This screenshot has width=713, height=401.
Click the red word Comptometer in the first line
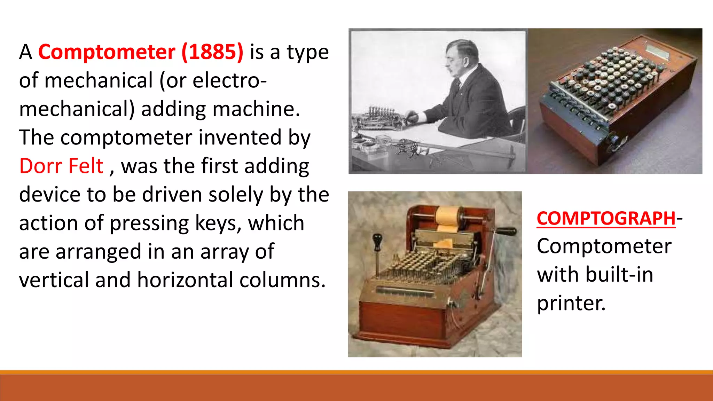tap(107, 52)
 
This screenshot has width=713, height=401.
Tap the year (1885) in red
tap(212, 52)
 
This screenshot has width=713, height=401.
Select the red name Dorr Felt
tap(61, 166)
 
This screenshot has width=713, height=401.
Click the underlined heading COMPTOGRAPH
tap(606, 219)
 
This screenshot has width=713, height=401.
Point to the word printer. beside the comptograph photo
tap(571, 303)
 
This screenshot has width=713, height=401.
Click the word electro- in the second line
tap(230, 80)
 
